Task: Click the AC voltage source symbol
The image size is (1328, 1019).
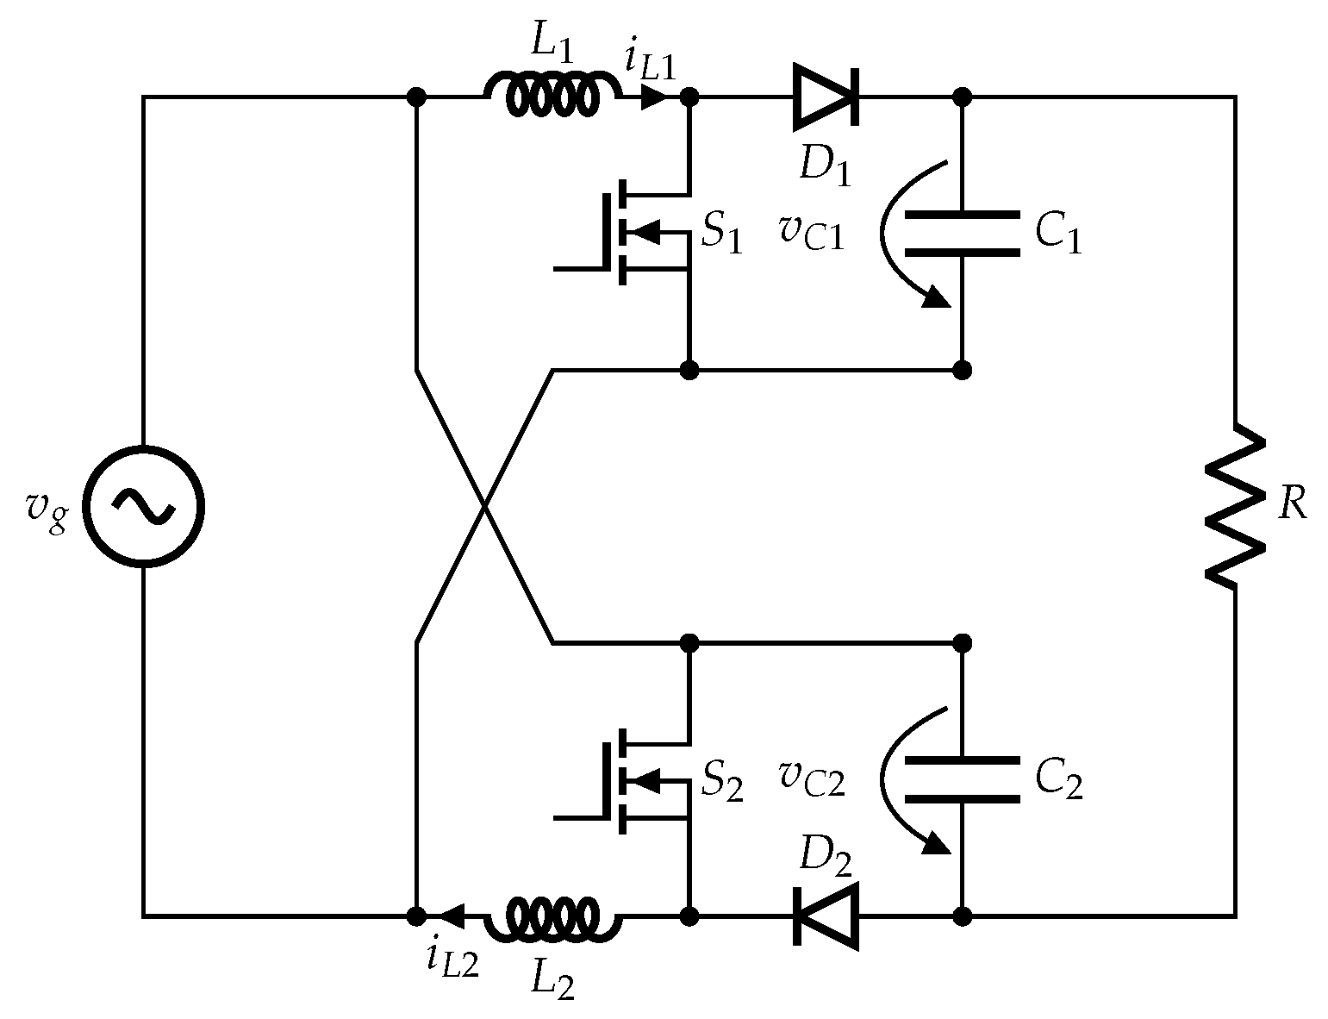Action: (144, 506)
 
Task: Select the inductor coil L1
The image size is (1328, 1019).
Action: (552, 95)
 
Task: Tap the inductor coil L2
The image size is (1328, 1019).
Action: (552, 918)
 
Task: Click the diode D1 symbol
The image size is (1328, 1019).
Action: (825, 97)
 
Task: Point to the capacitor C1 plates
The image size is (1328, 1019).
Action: (963, 233)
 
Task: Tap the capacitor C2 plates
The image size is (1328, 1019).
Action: (963, 780)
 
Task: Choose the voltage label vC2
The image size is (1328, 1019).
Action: (812, 780)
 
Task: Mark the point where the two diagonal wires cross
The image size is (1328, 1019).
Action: (485, 507)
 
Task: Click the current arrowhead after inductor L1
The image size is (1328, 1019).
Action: (654, 97)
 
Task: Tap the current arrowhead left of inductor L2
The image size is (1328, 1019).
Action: (452, 916)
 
